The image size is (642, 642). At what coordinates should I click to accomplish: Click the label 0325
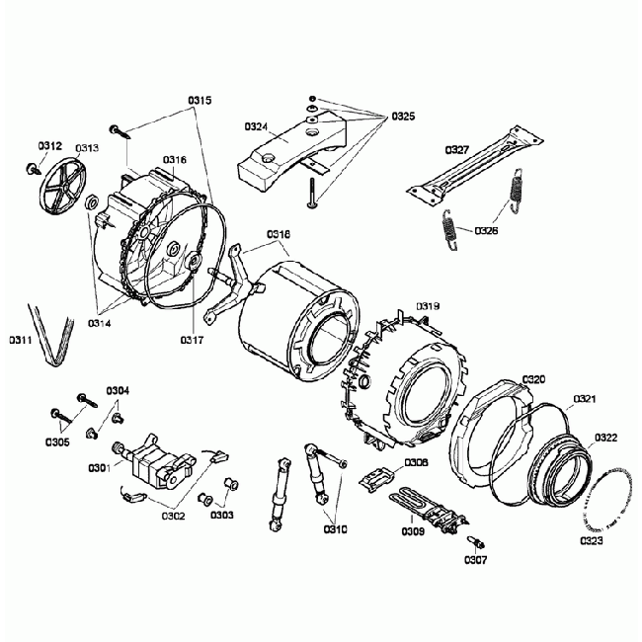(x=402, y=117)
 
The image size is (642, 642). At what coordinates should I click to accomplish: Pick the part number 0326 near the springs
(x=485, y=230)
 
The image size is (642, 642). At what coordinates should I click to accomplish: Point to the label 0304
(x=117, y=391)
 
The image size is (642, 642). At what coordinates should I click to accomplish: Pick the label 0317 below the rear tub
(x=191, y=341)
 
